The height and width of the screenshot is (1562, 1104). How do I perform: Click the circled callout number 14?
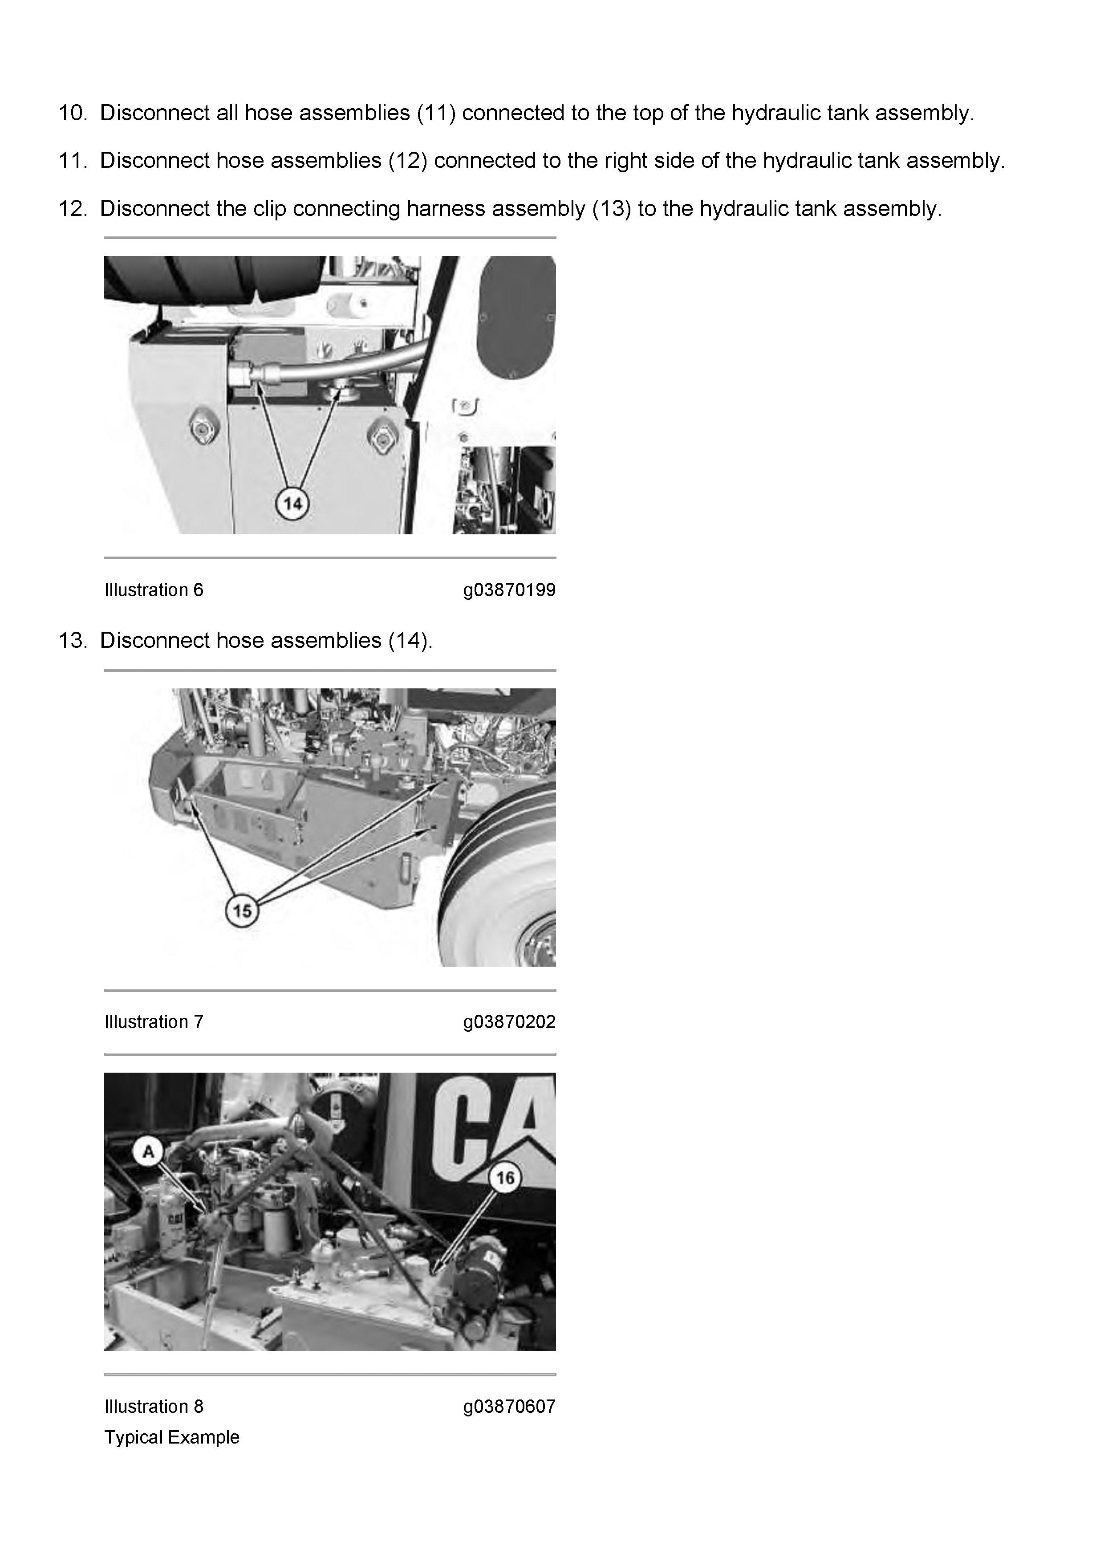(x=292, y=504)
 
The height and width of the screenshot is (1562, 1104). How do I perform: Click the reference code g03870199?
(x=509, y=590)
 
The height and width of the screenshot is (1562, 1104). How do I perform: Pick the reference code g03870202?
(x=509, y=1022)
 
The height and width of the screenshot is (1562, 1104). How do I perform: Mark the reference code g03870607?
(x=509, y=1407)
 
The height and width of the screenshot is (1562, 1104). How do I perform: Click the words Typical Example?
(x=172, y=1437)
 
